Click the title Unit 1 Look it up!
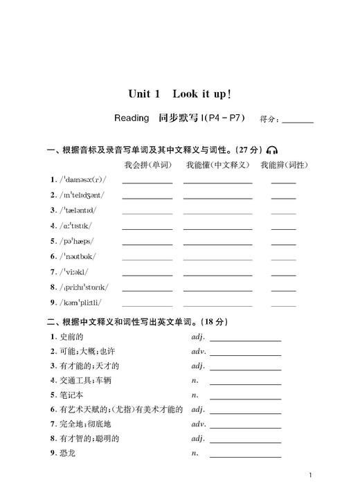(x=179, y=93)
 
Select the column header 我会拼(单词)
(x=147, y=165)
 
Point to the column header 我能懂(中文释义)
(x=217, y=165)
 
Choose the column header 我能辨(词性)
(x=284, y=165)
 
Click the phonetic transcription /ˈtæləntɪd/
(x=78, y=210)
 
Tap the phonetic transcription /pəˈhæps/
(x=75, y=241)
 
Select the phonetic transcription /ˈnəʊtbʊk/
(x=78, y=256)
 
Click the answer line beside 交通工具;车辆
(x=245, y=382)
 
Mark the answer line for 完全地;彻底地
(x=245, y=426)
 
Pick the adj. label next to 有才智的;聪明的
(x=198, y=439)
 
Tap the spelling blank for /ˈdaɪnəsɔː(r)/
(x=147, y=181)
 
